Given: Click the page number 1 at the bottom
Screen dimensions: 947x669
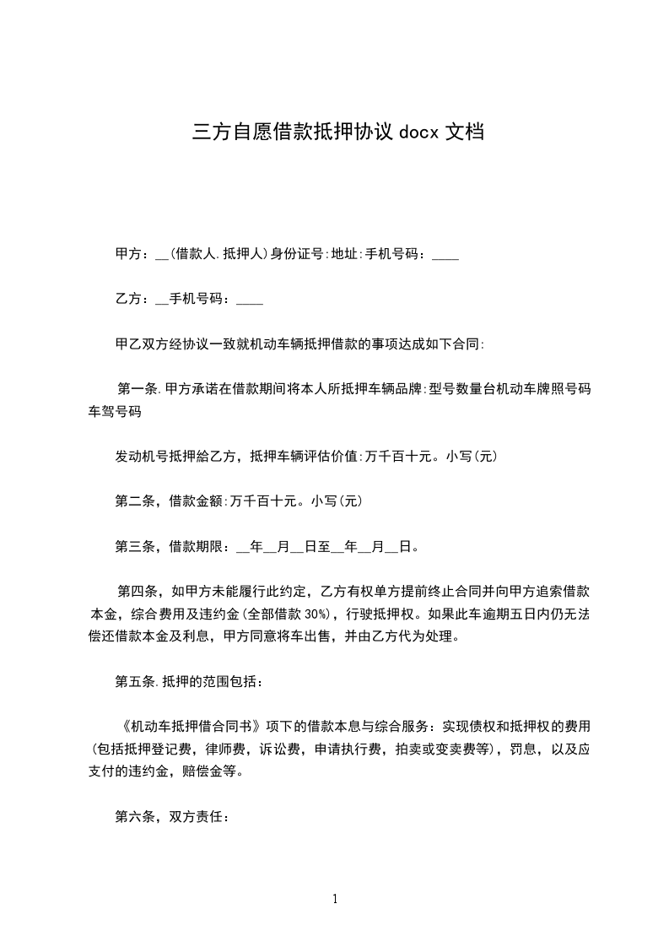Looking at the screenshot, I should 335,899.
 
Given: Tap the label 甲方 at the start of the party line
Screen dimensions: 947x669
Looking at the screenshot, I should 127,254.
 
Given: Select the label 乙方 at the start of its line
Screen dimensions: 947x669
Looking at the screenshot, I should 127,299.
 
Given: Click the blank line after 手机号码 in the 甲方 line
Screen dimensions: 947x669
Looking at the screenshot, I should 445,256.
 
